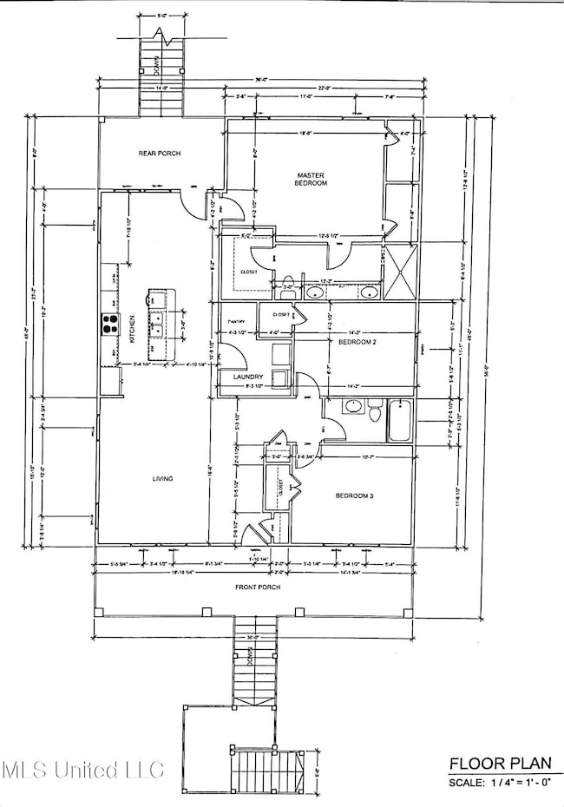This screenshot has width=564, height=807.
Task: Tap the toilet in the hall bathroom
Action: pyautogui.click(x=374, y=410)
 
